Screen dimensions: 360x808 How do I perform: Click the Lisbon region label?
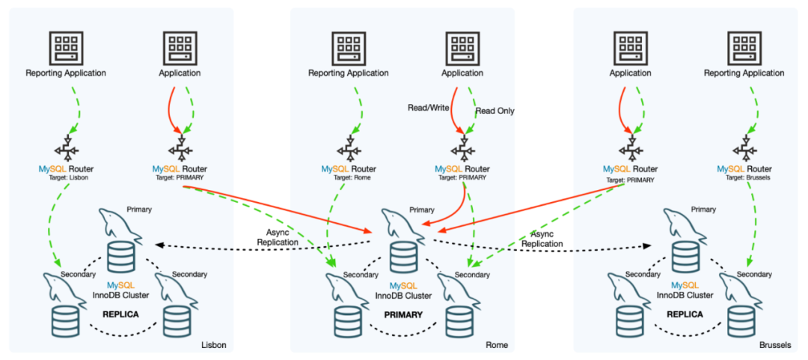click(213, 345)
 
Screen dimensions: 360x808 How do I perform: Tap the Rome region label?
click(495, 345)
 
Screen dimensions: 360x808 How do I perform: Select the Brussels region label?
click(774, 345)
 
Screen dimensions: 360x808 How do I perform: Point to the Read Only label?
click(495, 111)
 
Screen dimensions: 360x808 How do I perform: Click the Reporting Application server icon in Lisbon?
click(66, 47)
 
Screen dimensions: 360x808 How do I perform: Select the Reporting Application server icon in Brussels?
click(744, 47)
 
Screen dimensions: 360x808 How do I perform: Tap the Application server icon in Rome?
click(462, 47)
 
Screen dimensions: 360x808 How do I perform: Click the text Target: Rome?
click(349, 177)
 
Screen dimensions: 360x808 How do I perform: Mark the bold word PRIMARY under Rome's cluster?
click(403, 314)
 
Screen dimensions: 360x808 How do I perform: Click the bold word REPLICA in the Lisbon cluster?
click(120, 314)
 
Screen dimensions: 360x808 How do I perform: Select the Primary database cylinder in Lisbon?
click(121, 257)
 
